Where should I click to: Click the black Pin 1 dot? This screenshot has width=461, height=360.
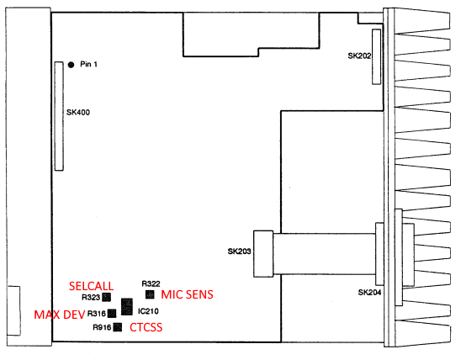click(x=71, y=65)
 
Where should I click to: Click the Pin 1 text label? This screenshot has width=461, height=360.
click(x=88, y=64)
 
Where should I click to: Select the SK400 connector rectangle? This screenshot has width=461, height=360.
click(x=59, y=116)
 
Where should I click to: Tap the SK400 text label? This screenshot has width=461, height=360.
click(x=78, y=112)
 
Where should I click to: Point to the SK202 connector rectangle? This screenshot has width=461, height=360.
click(x=376, y=56)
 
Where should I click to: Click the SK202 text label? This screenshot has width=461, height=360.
click(x=359, y=56)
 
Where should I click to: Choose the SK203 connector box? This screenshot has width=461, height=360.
click(x=263, y=254)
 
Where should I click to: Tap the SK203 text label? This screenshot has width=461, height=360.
click(x=239, y=251)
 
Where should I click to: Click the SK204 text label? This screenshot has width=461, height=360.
click(x=369, y=293)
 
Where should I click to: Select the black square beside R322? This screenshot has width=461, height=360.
click(x=150, y=294)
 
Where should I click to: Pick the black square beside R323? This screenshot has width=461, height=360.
click(x=107, y=297)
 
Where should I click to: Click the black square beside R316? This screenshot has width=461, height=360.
click(x=112, y=313)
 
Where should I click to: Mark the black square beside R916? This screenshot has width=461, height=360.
click(x=118, y=327)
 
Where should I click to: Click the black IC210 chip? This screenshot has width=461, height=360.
click(x=127, y=307)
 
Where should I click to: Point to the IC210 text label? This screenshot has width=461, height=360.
click(x=148, y=311)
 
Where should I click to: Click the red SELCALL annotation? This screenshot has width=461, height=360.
click(x=91, y=286)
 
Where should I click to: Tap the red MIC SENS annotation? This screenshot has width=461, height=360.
click(x=187, y=294)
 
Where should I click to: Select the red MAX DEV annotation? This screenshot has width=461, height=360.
click(x=60, y=315)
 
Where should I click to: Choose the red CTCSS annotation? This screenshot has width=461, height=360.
click(x=146, y=327)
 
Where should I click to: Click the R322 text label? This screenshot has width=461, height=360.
click(x=151, y=283)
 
